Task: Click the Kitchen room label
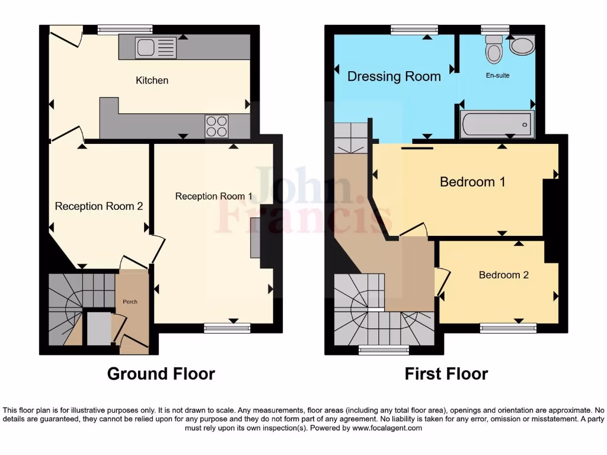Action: click(x=152, y=80)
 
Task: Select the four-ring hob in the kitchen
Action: click(x=216, y=126)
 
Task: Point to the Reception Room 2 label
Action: click(x=99, y=206)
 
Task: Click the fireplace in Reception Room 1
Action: click(x=255, y=238)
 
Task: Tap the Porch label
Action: click(x=130, y=302)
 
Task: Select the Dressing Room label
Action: click(x=394, y=76)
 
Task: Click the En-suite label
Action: click(x=497, y=75)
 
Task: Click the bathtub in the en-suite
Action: click(x=497, y=124)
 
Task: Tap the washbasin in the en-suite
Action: click(x=522, y=45)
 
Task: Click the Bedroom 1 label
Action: click(x=472, y=182)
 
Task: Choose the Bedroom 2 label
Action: click(x=503, y=275)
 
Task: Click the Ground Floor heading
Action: click(x=161, y=374)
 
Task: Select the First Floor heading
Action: click(x=446, y=374)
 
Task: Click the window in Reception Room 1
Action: click(x=228, y=325)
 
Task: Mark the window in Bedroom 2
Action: click(x=508, y=325)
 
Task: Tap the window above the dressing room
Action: click(x=414, y=28)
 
